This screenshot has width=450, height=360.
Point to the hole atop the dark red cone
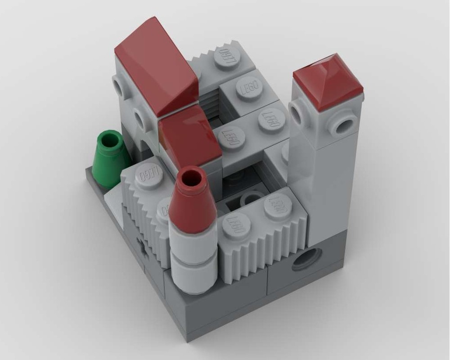[191, 175]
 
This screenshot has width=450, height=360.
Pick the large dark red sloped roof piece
[155, 65]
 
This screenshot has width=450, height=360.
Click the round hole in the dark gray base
[307, 259]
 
